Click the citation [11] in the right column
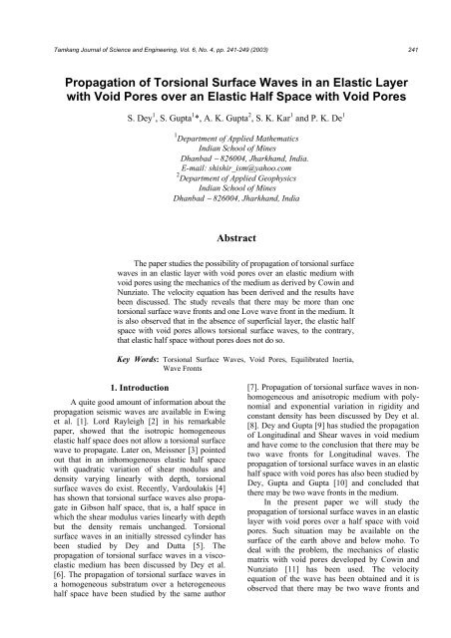click(x=294, y=592)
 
